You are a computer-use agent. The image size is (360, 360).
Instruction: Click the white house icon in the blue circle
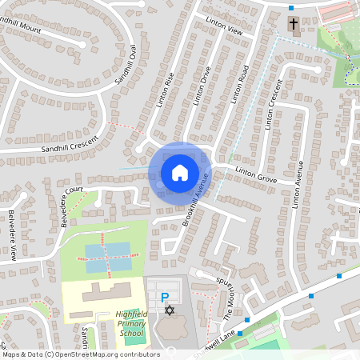click(x=179, y=172)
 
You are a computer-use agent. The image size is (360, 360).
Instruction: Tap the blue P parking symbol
click(x=166, y=297)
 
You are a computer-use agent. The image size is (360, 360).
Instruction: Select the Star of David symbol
click(x=168, y=310)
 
